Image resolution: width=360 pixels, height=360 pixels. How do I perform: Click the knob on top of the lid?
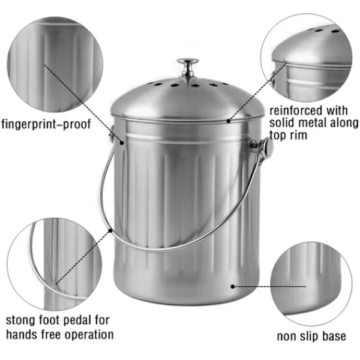pyautogui.click(x=188, y=67)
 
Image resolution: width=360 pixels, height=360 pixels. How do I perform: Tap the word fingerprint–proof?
pyautogui.click(x=46, y=124)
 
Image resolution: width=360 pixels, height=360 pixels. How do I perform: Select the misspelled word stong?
pyautogui.click(x=21, y=320)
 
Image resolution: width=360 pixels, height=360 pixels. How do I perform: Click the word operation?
pyautogui.click(x=89, y=335)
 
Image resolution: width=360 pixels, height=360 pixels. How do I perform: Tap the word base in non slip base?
pyautogui.click(x=334, y=337)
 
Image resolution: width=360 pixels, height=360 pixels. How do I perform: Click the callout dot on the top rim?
pyautogui.click(x=229, y=121)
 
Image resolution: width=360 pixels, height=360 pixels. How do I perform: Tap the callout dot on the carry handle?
pyautogui.click(x=110, y=230)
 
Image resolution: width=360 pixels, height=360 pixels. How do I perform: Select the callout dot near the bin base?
pyautogui.click(x=233, y=287)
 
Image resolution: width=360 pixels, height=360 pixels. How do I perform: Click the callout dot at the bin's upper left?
pyautogui.click(x=122, y=143)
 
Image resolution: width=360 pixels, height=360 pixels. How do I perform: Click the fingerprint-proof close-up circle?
pyautogui.click(x=55, y=65)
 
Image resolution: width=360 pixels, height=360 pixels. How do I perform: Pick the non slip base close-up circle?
pyautogui.click(x=311, y=284)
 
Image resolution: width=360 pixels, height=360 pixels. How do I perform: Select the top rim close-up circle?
pyautogui.click(x=307, y=58)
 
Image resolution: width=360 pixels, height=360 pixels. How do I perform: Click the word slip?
pyautogui.click(x=309, y=337)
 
